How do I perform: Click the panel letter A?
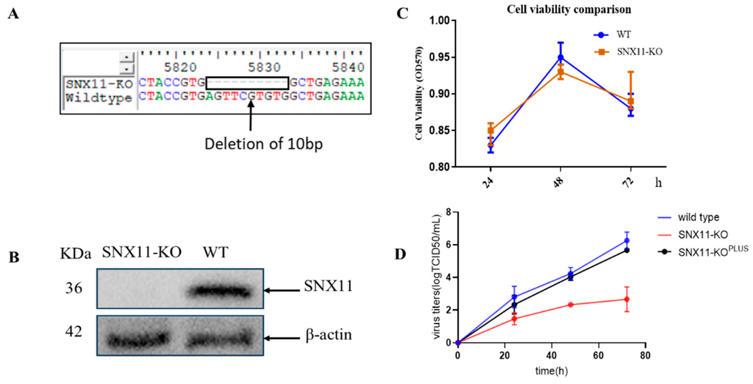tap(13, 14)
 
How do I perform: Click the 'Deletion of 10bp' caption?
tap(263, 144)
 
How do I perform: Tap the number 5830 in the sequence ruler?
tap(264, 67)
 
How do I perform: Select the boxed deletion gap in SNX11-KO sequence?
tap(247, 83)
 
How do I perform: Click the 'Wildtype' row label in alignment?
tap(99, 98)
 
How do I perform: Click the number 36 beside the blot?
tap(74, 289)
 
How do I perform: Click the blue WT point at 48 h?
tap(560, 57)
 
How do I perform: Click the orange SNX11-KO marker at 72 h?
tap(631, 101)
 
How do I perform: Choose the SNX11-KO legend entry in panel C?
tap(639, 52)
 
